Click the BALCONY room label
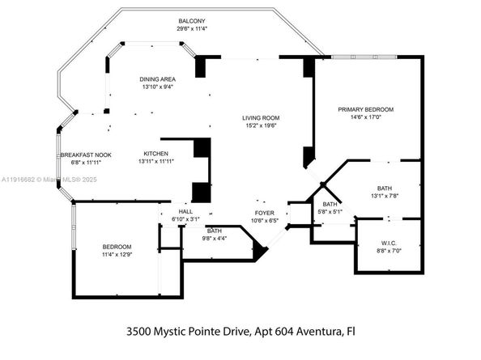[192, 21]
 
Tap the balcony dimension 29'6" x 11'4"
[192, 28]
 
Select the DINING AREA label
[157, 78]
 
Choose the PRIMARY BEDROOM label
[366, 109]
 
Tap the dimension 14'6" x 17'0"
[366, 116]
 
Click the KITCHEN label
[156, 154]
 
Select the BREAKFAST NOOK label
[85, 155]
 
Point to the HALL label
[185, 211]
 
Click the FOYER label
[265, 213]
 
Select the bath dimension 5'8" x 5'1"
[330, 212]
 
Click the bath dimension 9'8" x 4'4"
[214, 238]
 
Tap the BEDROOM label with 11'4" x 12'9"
[117, 247]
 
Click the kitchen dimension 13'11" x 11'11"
[156, 161]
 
